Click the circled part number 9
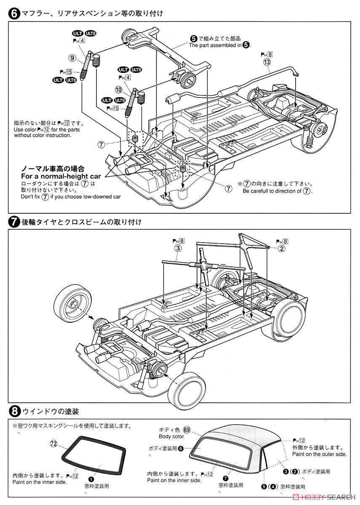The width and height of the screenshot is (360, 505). tap(72, 58)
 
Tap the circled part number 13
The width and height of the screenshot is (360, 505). tap(267, 62)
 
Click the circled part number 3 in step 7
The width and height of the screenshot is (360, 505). tap(178, 248)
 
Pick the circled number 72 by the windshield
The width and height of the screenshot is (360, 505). tap(53, 444)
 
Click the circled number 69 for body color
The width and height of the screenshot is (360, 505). tap(187, 430)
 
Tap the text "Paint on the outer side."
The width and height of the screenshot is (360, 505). tap(319, 454)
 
